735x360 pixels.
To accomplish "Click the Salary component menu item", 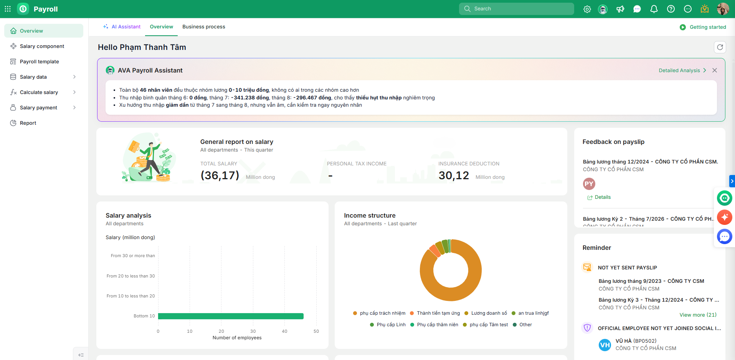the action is pyautogui.click(x=42, y=46).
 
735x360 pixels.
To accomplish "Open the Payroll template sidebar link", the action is pyautogui.click(x=39, y=61).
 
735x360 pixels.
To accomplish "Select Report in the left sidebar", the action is pyautogui.click(x=28, y=123).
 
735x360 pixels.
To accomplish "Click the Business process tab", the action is pyautogui.click(x=204, y=27).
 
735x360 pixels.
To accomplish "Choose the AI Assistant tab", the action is pyautogui.click(x=122, y=27).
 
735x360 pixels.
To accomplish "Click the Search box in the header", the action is pyautogui.click(x=516, y=9).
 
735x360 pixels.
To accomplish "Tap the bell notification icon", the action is pyautogui.click(x=654, y=9).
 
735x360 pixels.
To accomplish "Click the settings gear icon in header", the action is pyautogui.click(x=587, y=9).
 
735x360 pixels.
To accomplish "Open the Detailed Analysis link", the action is pyautogui.click(x=682, y=70).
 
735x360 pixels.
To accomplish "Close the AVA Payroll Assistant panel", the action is pyautogui.click(x=715, y=70).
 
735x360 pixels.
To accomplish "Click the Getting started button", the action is pyautogui.click(x=703, y=27).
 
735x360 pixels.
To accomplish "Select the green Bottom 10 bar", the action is pyautogui.click(x=231, y=316).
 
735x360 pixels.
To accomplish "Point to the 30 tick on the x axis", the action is pyautogui.click(x=253, y=331).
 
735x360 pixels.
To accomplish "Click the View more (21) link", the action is pyautogui.click(x=698, y=315).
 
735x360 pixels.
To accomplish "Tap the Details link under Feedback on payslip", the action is pyautogui.click(x=599, y=197).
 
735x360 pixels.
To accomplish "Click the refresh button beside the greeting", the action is pyautogui.click(x=720, y=47).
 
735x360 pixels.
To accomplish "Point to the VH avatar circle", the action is pyautogui.click(x=605, y=345).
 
